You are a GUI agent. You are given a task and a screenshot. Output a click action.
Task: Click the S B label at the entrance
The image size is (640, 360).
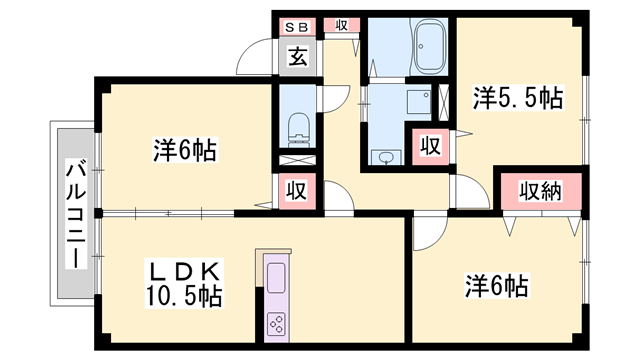click(x=298, y=25)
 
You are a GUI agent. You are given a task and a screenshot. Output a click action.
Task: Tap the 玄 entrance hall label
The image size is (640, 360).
click(x=298, y=56)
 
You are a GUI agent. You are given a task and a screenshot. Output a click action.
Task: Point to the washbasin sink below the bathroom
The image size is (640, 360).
click(x=385, y=156)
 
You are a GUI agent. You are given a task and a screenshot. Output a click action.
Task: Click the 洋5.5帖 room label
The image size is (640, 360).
click(x=517, y=98)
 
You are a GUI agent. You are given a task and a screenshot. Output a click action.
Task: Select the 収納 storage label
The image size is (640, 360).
click(x=539, y=191)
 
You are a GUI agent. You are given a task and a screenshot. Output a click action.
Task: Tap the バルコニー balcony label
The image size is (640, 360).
click(x=74, y=214)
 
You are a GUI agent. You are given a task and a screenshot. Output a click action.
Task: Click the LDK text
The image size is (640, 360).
click(x=184, y=271)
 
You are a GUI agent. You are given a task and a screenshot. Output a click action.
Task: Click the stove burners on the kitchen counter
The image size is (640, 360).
click(x=276, y=323)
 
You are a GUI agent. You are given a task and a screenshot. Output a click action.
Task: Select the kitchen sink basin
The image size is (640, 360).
click(x=276, y=275)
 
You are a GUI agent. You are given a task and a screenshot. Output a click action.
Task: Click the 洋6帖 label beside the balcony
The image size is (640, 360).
click(x=185, y=151)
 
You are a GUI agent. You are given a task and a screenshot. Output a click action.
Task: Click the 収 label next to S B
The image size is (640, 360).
click(x=341, y=25)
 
